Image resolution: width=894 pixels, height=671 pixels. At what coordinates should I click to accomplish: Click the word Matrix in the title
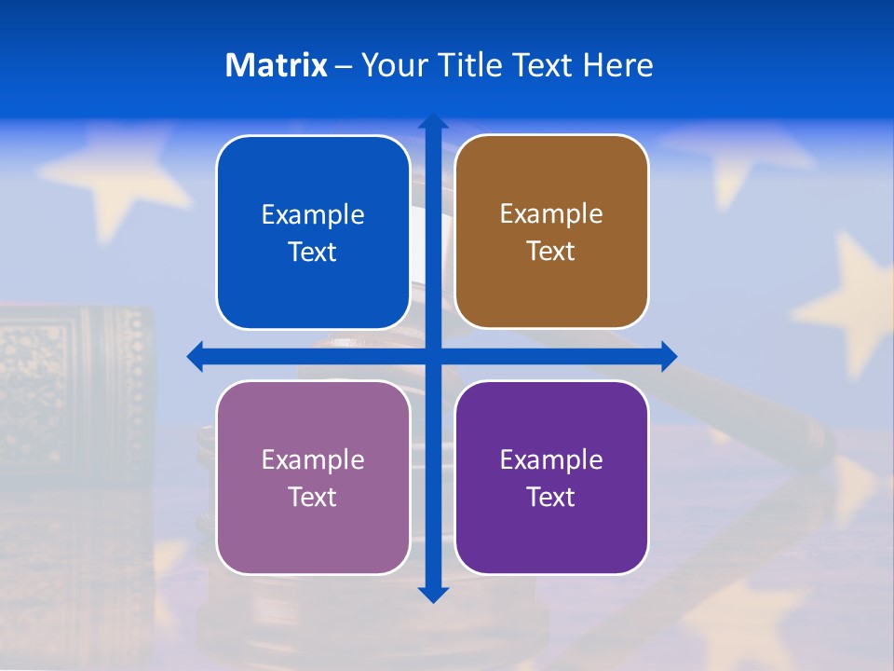[276, 65]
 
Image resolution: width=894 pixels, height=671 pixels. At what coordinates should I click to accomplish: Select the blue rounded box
[313, 232]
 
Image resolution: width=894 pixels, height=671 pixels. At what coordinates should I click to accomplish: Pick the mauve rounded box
[313, 477]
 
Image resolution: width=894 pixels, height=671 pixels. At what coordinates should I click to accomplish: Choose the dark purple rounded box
[551, 477]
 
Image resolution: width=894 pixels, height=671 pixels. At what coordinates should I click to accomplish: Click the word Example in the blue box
[313, 214]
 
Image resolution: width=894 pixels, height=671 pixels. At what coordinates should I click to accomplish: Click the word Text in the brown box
[551, 252]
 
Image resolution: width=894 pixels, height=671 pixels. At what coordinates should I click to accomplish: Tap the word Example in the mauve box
[313, 459]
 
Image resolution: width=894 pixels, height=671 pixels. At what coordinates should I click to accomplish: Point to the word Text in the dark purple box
[551, 497]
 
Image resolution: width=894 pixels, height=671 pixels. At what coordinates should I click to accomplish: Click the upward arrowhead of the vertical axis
[433, 121]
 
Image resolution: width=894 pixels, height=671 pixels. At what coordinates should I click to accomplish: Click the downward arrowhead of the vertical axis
[433, 594]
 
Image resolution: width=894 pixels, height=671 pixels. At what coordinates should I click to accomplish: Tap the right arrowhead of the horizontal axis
[668, 356]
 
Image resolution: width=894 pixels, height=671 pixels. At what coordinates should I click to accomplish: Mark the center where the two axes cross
[433, 356]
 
